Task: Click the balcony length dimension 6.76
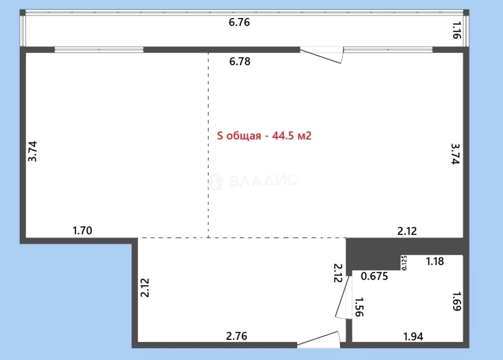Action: (239, 22)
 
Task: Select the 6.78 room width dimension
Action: (239, 61)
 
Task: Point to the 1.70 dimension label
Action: (82, 231)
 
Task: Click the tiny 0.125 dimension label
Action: (404, 263)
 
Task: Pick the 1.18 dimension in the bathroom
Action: (435, 261)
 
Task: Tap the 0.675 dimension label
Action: (374, 276)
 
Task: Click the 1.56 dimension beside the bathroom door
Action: (359, 307)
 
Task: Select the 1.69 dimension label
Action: (456, 301)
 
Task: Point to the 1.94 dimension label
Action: (413, 337)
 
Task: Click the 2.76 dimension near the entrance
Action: (236, 336)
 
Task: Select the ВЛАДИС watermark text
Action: (264, 180)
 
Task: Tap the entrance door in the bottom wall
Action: (318, 339)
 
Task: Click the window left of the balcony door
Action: (99, 50)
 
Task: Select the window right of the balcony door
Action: (388, 50)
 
